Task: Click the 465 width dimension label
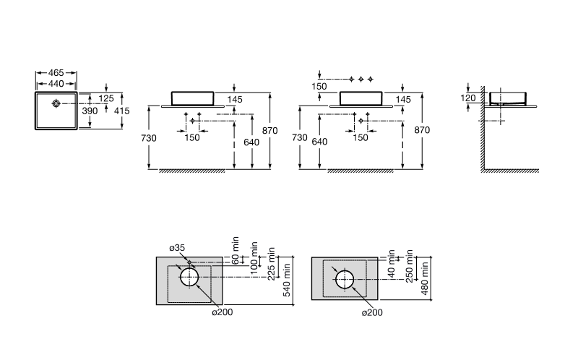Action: point(56,73)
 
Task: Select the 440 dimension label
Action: point(56,84)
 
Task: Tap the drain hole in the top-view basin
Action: point(56,103)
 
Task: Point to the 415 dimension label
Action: point(122,111)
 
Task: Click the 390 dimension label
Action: point(90,111)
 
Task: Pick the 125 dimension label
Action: point(106,98)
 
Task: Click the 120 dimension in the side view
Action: point(468,98)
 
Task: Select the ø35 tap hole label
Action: point(177,248)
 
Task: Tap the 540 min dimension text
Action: point(287,280)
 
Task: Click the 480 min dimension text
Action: point(425,278)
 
